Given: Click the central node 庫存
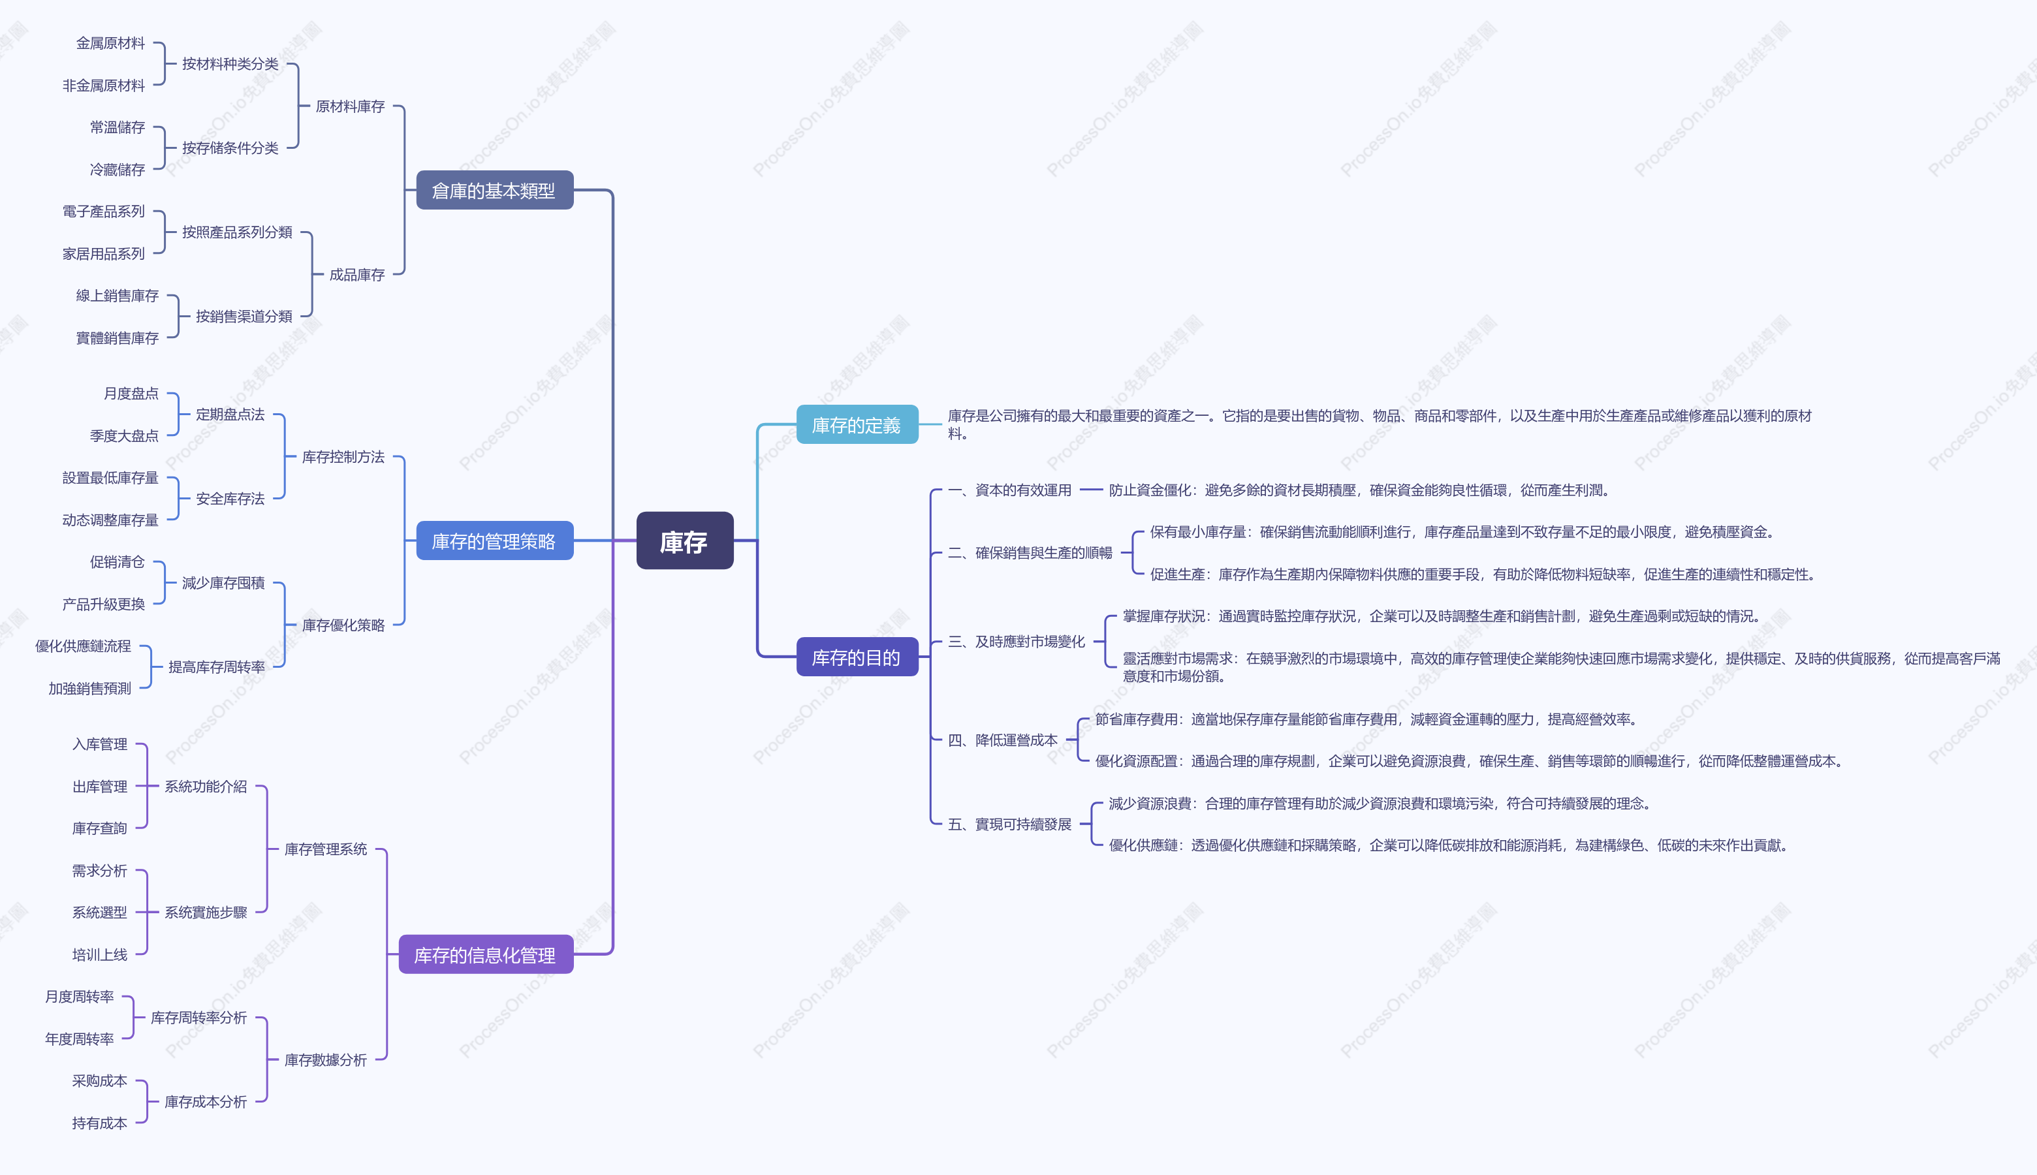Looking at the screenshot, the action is [x=684, y=540].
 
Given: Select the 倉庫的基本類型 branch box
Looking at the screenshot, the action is [x=494, y=191].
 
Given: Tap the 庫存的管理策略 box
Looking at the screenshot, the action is [x=494, y=540].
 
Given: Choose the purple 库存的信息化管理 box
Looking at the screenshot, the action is [x=485, y=954].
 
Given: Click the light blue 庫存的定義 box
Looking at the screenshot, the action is [x=857, y=424].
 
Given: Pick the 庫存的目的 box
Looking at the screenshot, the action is [x=857, y=657].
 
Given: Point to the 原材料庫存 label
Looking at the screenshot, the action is [x=350, y=106].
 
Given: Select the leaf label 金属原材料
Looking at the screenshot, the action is [x=110, y=44].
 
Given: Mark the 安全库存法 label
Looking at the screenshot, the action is [x=230, y=499].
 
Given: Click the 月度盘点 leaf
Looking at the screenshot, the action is [x=131, y=394].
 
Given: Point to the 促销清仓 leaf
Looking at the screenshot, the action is [x=117, y=561].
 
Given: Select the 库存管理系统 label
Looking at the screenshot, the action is [x=325, y=849].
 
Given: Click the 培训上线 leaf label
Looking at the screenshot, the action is [x=99, y=954].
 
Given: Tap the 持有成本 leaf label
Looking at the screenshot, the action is [x=99, y=1123].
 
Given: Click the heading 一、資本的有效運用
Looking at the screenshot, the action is [x=1009, y=490].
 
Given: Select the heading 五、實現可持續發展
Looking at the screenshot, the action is [x=1009, y=824].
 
